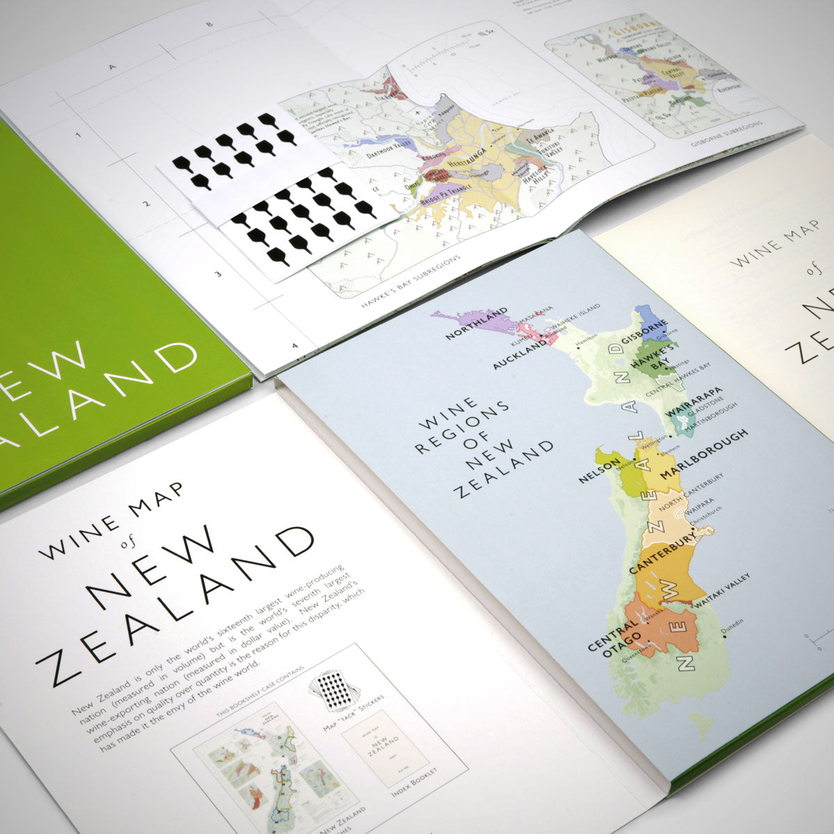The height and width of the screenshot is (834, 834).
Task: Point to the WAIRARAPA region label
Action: (695, 402)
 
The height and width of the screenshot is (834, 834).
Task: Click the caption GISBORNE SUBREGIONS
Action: (726, 134)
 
